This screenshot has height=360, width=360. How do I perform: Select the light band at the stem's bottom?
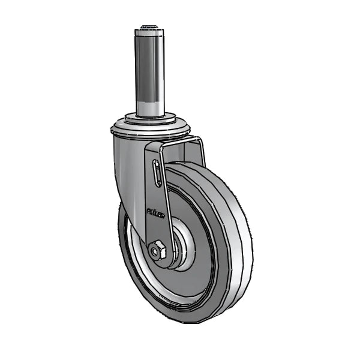click(149, 108)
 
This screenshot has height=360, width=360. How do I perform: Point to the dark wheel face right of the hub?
click(207, 252)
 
